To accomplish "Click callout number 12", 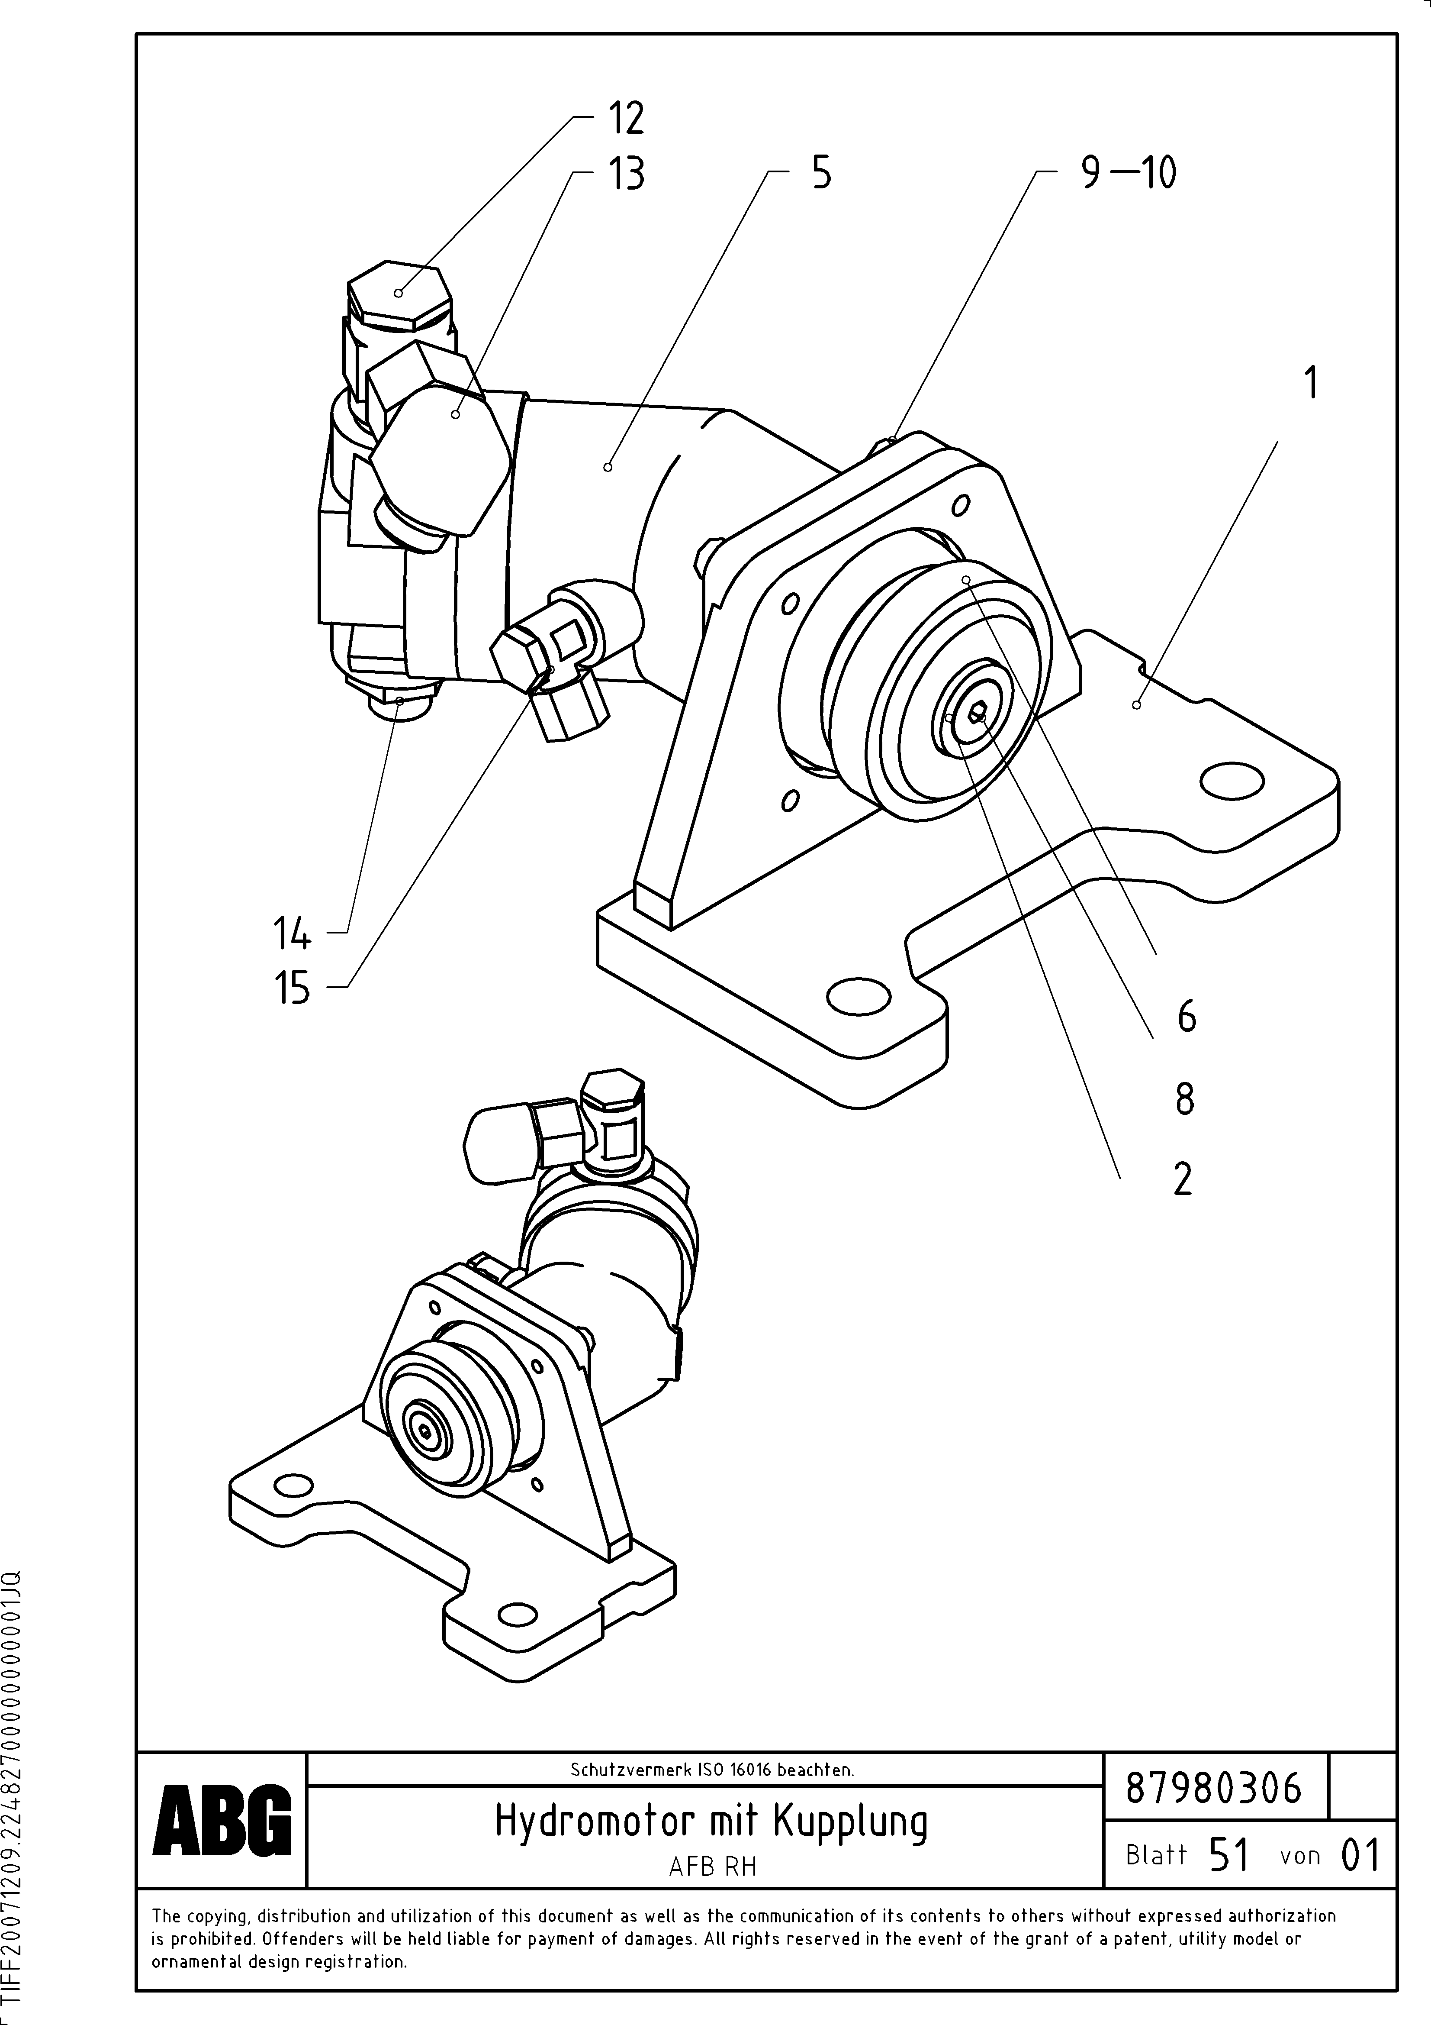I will pyautogui.click(x=625, y=118).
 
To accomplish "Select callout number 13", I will pyautogui.click(x=625, y=174).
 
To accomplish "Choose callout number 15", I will pyautogui.click(x=292, y=988).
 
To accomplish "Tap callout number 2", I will pyautogui.click(x=1182, y=1179).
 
